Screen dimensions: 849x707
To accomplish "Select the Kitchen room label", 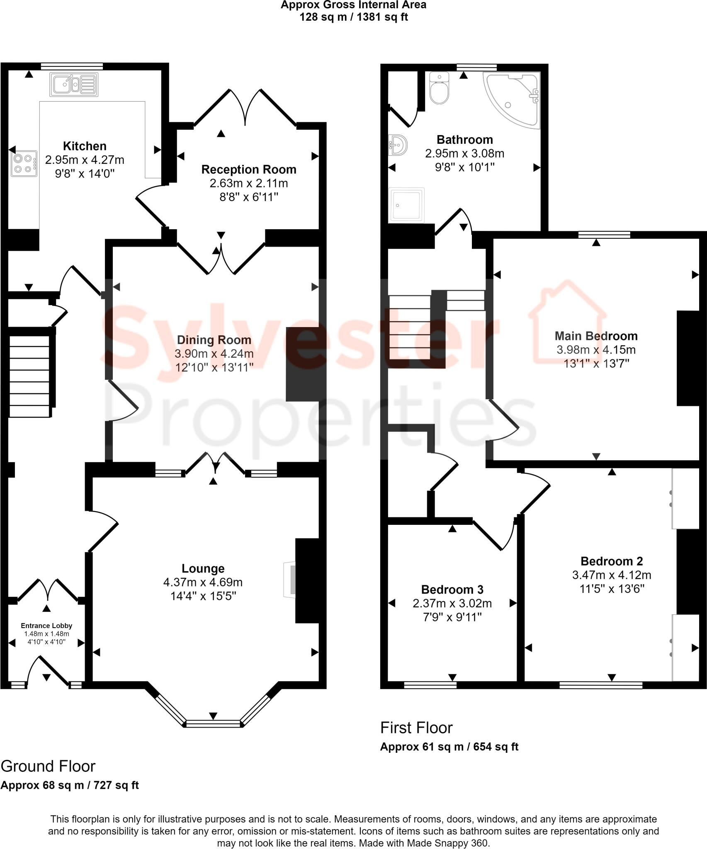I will click(x=85, y=146).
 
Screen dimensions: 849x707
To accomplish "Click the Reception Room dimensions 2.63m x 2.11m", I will click(x=248, y=183).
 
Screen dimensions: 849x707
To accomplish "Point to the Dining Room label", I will click(x=214, y=340).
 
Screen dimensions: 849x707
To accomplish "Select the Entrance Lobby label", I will click(x=46, y=626).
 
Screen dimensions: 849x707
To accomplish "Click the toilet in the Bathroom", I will click(x=439, y=88).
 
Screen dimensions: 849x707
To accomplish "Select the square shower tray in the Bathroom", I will click(x=406, y=205).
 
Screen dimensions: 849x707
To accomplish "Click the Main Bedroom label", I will click(x=596, y=336).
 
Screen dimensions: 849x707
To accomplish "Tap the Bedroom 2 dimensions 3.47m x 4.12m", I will click(x=611, y=575).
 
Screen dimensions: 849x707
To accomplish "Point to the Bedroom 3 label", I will click(x=452, y=589).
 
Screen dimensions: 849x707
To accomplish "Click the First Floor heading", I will click(x=416, y=727).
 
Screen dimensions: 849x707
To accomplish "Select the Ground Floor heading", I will click(x=48, y=766).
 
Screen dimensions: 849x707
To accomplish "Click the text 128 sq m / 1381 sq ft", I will click(x=353, y=17).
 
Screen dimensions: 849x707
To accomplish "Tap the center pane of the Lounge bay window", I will click(x=213, y=724).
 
